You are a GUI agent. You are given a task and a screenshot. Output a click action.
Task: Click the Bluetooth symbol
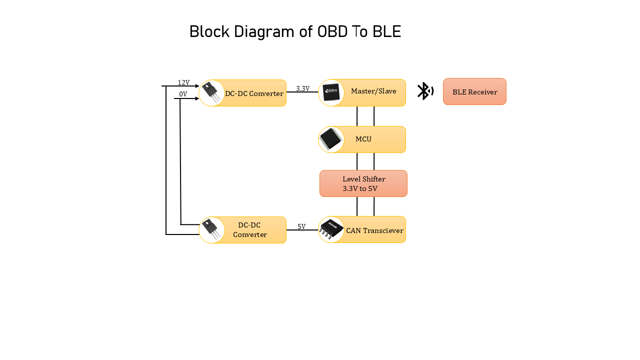tap(424, 91)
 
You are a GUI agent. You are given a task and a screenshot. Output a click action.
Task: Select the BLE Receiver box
tap(474, 91)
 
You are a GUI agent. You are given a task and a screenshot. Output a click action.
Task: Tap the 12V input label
tap(183, 82)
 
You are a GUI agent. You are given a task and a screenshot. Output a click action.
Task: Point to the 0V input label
tap(183, 94)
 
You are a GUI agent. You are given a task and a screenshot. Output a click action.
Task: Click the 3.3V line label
tap(302, 88)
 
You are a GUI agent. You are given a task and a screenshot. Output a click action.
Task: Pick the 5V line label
tap(301, 226)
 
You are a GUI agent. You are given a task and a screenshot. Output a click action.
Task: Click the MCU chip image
tap(331, 139)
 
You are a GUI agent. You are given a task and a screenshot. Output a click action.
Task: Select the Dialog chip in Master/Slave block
tap(331, 92)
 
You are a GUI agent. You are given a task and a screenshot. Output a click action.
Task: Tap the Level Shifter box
tap(363, 183)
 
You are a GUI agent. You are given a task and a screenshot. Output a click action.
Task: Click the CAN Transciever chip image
tap(331, 229)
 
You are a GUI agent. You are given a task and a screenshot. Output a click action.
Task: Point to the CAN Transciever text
tap(374, 230)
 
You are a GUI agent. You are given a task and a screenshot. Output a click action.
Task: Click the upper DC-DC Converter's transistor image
tap(211, 93)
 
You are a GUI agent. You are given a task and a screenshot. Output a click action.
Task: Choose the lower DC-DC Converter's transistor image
tap(211, 230)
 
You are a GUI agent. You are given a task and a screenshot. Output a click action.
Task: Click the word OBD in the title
tap(333, 32)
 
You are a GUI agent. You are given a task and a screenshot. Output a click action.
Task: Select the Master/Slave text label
tap(373, 91)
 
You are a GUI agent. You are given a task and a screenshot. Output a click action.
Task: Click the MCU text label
tap(363, 139)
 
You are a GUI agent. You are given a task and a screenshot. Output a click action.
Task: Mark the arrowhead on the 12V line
tap(197, 86)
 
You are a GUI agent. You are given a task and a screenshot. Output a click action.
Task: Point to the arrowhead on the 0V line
tap(197, 98)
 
